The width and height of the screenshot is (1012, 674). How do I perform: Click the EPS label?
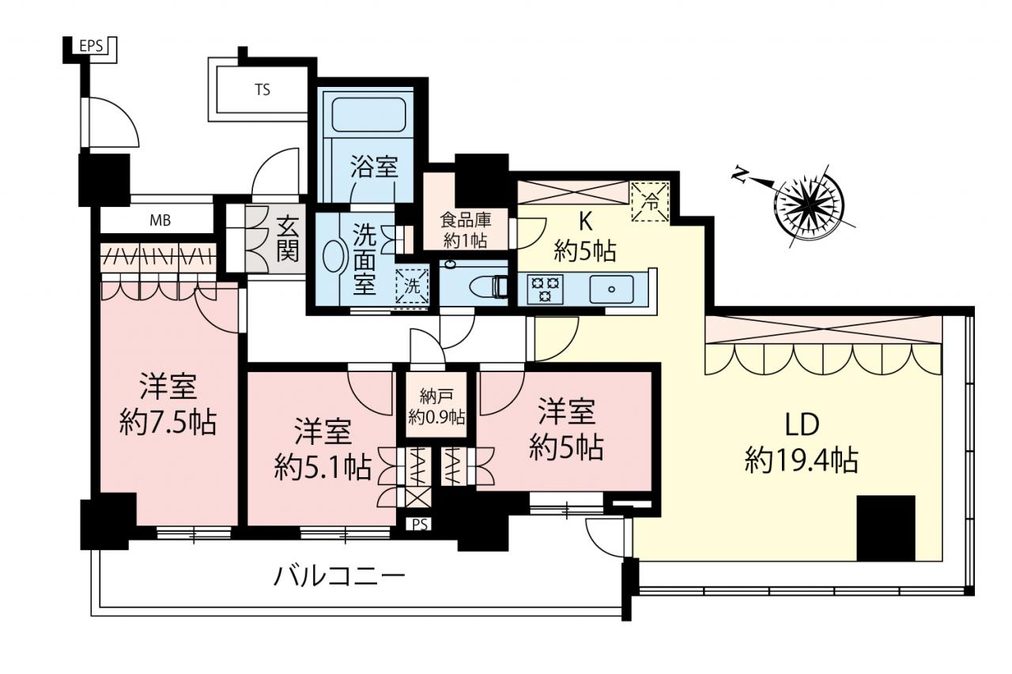(x=91, y=46)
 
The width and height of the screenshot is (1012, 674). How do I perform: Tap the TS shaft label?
(x=262, y=90)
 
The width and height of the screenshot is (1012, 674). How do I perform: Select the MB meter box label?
(x=160, y=220)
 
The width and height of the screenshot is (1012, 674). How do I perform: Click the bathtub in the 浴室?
(x=369, y=115)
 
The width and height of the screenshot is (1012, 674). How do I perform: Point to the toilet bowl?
(x=489, y=287)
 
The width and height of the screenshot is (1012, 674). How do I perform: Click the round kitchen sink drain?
(x=612, y=289)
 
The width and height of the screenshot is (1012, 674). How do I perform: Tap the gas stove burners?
(x=546, y=288)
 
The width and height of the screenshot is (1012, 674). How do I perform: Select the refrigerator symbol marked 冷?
(x=650, y=201)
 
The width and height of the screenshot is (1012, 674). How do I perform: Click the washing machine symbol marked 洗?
(x=412, y=286)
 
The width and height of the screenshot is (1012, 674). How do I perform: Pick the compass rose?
(x=809, y=206)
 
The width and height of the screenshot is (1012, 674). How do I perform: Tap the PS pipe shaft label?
(x=420, y=524)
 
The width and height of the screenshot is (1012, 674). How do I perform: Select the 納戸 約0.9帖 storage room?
(x=436, y=405)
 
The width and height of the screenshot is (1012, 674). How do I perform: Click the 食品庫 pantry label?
(x=466, y=220)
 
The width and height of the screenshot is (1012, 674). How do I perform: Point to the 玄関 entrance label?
(x=288, y=238)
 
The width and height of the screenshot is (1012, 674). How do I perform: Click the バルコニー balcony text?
(x=339, y=577)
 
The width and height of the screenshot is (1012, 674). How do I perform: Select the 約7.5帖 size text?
(x=168, y=422)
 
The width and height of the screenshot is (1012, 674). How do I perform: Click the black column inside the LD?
(x=886, y=528)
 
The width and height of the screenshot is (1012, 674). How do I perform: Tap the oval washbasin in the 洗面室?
(x=333, y=256)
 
